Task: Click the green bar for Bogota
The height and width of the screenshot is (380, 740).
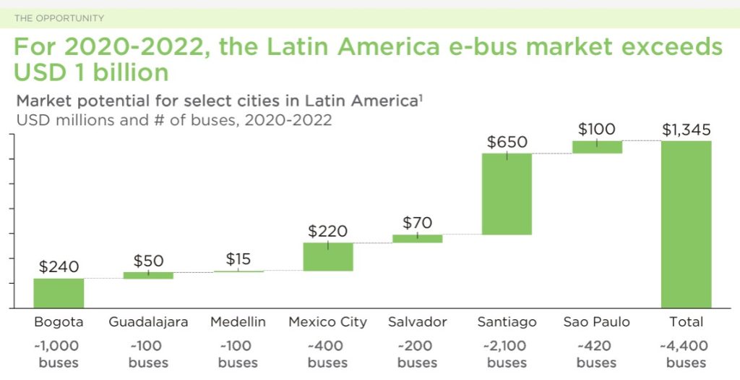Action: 59,293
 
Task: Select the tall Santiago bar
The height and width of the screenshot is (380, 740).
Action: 507,194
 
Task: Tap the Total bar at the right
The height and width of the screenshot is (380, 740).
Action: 686,224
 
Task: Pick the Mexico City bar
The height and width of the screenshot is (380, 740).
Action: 327,257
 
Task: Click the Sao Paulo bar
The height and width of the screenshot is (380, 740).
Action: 597,147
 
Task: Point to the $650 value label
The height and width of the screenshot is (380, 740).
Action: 507,143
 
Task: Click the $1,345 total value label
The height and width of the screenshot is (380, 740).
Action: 686,130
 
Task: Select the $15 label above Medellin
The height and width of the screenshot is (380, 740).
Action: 238,259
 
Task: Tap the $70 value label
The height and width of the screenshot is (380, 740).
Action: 417,223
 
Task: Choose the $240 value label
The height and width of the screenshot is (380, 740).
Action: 59,266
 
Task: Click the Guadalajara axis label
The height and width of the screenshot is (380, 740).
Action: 148,322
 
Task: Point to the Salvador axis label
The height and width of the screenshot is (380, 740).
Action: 417,322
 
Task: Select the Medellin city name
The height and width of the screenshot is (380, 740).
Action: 238,322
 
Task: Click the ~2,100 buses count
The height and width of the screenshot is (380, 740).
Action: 507,354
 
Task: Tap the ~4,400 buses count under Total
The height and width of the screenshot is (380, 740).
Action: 686,354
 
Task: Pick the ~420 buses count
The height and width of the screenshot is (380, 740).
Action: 597,354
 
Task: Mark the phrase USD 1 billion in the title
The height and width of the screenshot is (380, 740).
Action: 91,73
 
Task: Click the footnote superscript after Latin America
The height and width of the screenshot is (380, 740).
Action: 421,96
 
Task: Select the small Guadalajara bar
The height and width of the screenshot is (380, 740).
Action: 148,275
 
